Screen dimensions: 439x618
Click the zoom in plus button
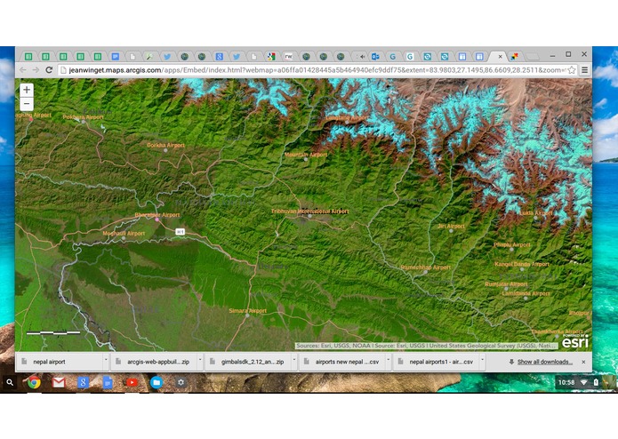coord(27,90)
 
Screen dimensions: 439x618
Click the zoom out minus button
coord(27,104)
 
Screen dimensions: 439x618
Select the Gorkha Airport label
coord(165,145)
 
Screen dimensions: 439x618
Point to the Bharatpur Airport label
coord(157,215)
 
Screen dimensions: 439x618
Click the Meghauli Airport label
coord(124,234)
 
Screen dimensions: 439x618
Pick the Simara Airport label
coord(248,311)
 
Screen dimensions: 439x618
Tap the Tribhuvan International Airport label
coord(310,212)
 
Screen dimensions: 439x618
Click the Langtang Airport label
coord(347,118)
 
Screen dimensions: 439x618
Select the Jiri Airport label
coord(452,226)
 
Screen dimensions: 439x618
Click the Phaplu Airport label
coord(512,244)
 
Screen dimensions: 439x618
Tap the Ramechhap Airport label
coord(427,267)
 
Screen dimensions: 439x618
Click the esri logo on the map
coord(574,340)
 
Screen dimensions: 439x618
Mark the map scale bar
coord(53,333)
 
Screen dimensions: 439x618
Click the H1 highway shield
coord(180,232)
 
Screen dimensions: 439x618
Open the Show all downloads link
coord(544,362)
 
